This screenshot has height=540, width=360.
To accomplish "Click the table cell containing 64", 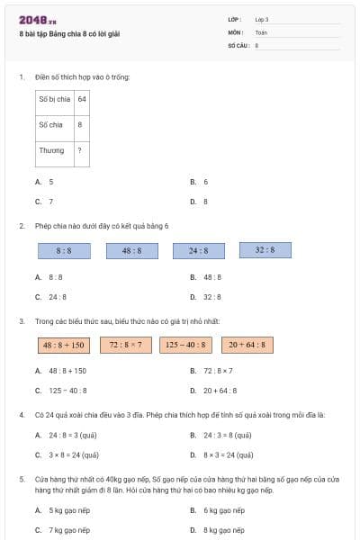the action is [x=82, y=99].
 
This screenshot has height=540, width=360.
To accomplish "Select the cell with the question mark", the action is [x=82, y=150].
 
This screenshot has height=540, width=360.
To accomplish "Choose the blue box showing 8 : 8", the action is [x=64, y=250].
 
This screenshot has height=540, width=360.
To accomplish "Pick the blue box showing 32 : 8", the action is [x=265, y=249].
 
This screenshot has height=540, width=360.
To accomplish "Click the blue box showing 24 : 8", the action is [x=198, y=250].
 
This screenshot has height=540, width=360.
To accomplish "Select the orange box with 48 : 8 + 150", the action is [x=63, y=345].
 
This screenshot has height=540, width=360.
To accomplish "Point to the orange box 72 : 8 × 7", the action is [x=126, y=344].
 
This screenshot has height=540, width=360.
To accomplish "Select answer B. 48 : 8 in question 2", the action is [x=211, y=277].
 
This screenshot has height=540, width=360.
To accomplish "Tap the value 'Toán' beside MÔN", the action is [x=261, y=31].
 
